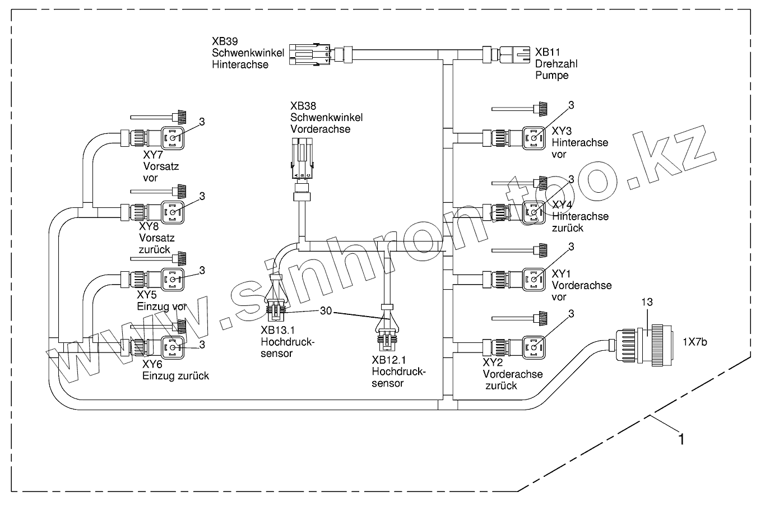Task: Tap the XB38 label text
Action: [302, 106]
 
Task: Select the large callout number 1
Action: [681, 439]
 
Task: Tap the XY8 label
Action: [149, 227]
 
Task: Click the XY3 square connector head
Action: [534, 137]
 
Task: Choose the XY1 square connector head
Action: [534, 278]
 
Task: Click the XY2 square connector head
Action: [534, 346]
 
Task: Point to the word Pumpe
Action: [552, 75]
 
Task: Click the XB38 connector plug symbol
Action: [302, 163]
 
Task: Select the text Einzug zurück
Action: [175, 375]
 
